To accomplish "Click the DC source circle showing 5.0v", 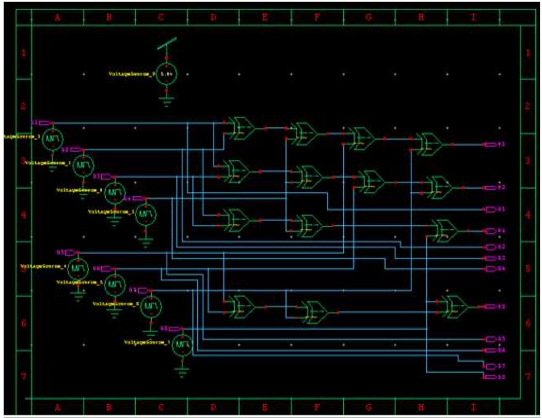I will [x=166, y=74].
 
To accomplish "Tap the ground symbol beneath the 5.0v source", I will [x=166, y=100].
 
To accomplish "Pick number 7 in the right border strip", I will [x=528, y=376].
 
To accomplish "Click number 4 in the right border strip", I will [x=528, y=214].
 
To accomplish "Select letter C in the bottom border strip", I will [x=161, y=407].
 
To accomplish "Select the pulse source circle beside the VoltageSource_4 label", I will [x=78, y=269].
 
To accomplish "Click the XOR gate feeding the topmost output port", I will [x=429, y=144].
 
